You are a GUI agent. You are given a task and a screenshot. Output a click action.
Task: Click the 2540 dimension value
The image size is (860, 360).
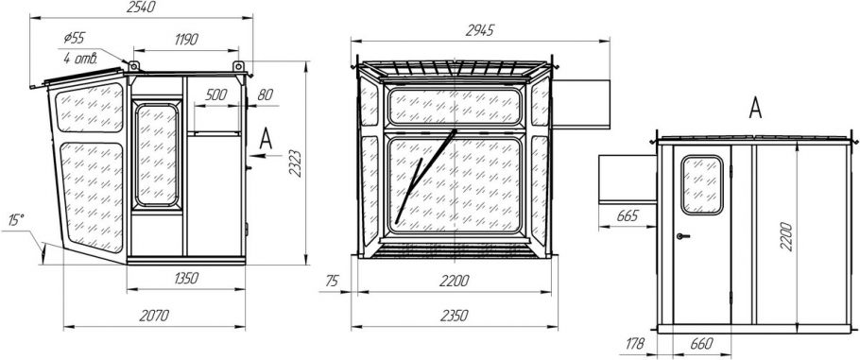141,8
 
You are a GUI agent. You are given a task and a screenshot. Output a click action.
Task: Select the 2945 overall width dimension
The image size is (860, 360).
480,31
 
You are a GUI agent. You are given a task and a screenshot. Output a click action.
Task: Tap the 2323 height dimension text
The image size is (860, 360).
296,163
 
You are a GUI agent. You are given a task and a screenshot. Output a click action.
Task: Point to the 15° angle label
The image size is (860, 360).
16,220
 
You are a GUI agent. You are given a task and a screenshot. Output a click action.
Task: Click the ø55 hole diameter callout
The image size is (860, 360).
75,38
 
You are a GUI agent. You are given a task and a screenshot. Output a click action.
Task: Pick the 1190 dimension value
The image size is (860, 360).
186,40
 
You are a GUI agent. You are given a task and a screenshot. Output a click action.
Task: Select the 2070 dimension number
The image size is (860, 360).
154,316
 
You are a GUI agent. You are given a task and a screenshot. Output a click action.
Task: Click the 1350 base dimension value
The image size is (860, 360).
186,278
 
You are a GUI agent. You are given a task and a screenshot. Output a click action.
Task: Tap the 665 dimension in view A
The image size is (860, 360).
628,215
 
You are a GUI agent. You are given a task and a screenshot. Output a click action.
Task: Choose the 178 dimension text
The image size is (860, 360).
635,345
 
